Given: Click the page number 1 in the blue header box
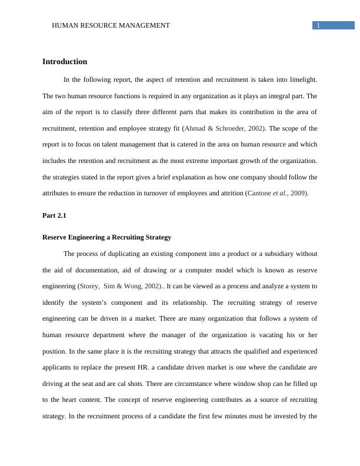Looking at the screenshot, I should [x=318, y=25].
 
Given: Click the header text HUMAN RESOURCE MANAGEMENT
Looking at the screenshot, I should [x=111, y=25].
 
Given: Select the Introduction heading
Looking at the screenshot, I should [x=65, y=62].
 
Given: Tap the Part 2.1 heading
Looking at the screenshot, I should [x=54, y=215].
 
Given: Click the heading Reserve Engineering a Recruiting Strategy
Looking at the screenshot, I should [x=107, y=237].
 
